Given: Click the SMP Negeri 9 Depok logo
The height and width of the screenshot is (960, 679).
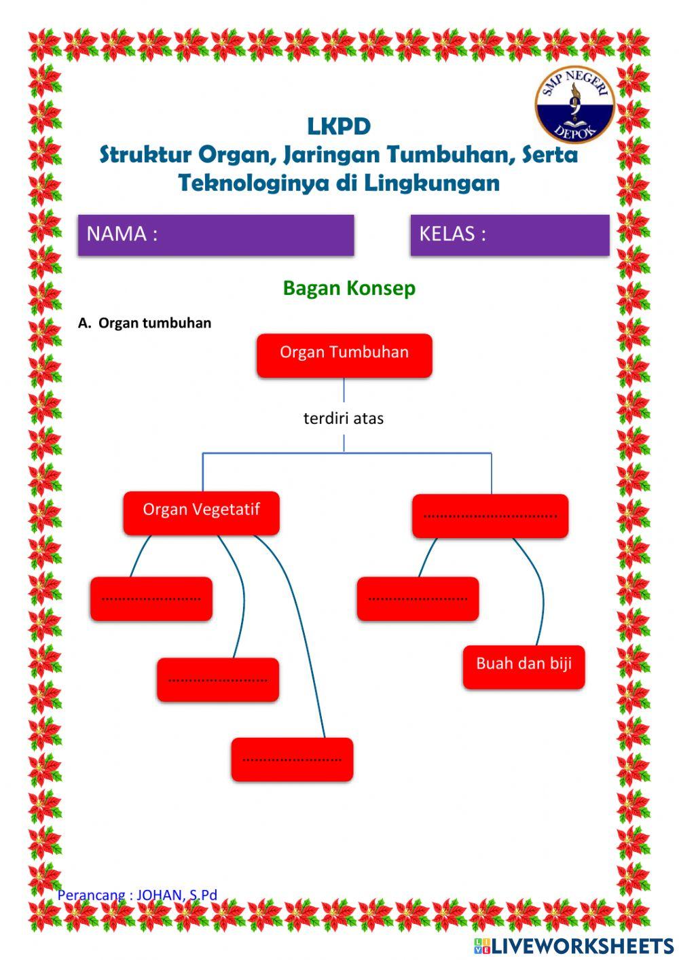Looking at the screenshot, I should [x=574, y=105].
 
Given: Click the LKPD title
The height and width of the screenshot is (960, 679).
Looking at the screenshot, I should [x=339, y=126].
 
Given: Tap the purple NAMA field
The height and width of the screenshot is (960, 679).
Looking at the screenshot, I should [x=216, y=235].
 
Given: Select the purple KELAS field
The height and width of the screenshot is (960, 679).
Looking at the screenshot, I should [x=509, y=235].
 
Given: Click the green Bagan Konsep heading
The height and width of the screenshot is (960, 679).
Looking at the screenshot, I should [x=349, y=288].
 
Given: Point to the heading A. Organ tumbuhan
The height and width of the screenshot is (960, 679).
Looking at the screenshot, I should [x=145, y=323].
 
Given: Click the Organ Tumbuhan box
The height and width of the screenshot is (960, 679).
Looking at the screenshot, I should [x=344, y=355].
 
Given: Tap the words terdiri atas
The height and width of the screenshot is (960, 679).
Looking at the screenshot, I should [x=344, y=419].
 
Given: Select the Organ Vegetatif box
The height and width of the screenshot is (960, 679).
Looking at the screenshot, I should [x=201, y=513].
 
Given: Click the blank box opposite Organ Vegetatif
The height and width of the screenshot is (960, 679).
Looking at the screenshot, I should [x=490, y=516].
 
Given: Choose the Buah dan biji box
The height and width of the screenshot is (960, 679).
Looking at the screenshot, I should [x=524, y=666].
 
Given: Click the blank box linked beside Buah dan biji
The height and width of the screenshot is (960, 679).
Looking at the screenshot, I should [x=418, y=599].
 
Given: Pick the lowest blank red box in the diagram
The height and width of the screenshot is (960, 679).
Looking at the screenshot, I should [x=292, y=759].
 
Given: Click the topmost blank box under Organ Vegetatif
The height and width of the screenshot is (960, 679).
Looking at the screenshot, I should [x=151, y=599].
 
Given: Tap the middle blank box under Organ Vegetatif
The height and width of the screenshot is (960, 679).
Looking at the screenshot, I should [x=217, y=679].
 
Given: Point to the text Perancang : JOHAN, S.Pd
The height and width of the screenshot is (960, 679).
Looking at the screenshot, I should [x=137, y=895].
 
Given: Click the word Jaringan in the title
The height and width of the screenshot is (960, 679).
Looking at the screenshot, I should [x=332, y=156].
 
